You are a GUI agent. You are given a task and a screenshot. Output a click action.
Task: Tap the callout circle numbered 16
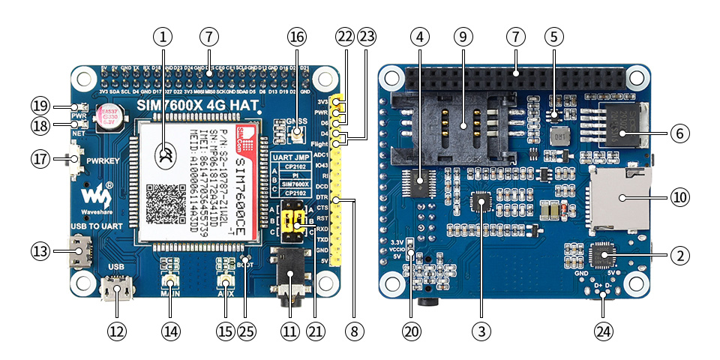(x=297, y=35)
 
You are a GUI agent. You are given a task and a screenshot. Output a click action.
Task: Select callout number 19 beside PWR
(x=41, y=105)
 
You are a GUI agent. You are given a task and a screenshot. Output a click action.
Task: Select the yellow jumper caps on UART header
(x=294, y=220)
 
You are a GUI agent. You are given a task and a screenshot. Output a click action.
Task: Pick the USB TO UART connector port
(x=79, y=251)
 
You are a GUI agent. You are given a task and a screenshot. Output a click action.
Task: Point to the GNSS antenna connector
(x=297, y=135)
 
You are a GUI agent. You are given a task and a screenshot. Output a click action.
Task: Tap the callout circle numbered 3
(x=481, y=331)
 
